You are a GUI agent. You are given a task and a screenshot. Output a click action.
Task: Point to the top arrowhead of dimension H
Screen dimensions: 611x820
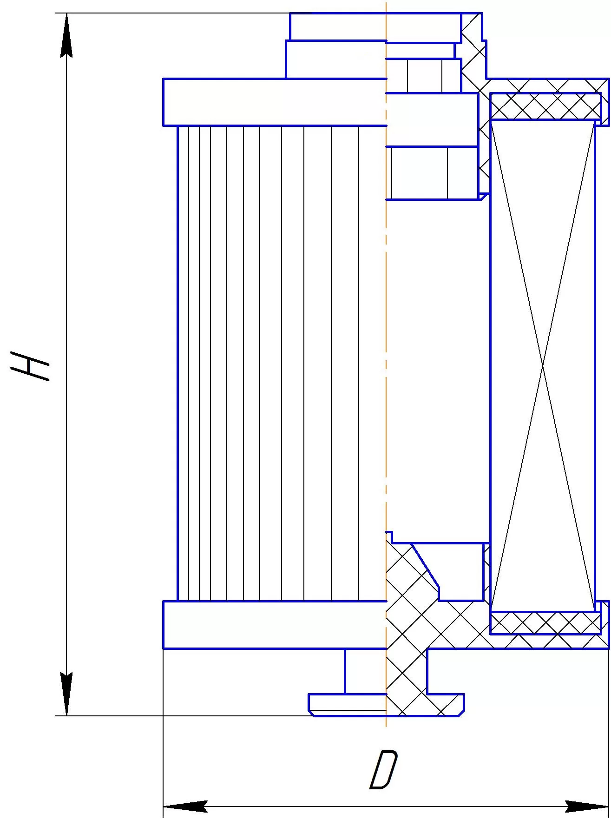point(67,35)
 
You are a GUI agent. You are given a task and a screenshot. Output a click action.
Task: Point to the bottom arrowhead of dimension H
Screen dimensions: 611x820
point(67,694)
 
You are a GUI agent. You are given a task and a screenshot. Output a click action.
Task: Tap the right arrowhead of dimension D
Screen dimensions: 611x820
point(587,807)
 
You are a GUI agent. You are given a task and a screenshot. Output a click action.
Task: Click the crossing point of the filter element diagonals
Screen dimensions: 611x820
point(543,365)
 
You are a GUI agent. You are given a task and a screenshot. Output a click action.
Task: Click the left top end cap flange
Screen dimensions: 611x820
point(275,102)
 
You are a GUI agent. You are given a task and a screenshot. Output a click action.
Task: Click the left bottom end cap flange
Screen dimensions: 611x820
point(275,625)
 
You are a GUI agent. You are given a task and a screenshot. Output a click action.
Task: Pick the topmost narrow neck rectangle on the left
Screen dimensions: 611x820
point(338,27)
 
